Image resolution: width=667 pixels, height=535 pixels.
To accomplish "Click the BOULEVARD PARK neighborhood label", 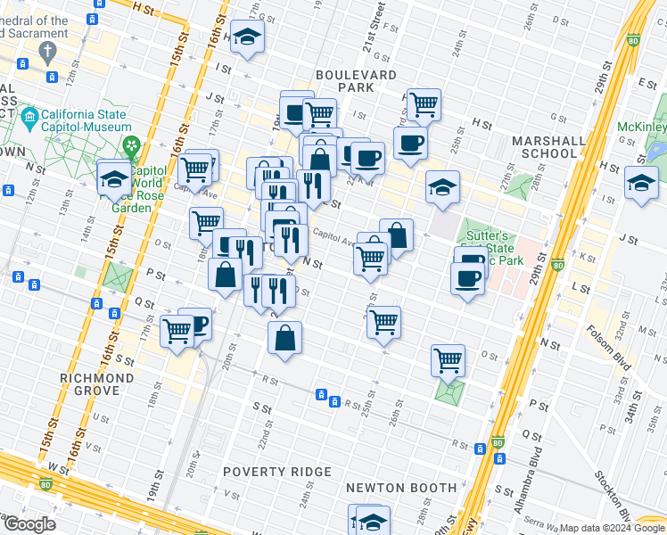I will click(356, 82).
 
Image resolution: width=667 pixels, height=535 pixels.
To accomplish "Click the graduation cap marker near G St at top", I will click(246, 37).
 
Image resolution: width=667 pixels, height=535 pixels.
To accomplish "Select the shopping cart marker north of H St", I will click(424, 103).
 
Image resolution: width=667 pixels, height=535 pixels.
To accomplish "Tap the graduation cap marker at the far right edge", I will click(640, 183).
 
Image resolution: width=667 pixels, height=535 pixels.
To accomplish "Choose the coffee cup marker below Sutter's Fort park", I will click(468, 280).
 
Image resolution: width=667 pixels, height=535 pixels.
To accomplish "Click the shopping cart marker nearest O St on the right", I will click(448, 360).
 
